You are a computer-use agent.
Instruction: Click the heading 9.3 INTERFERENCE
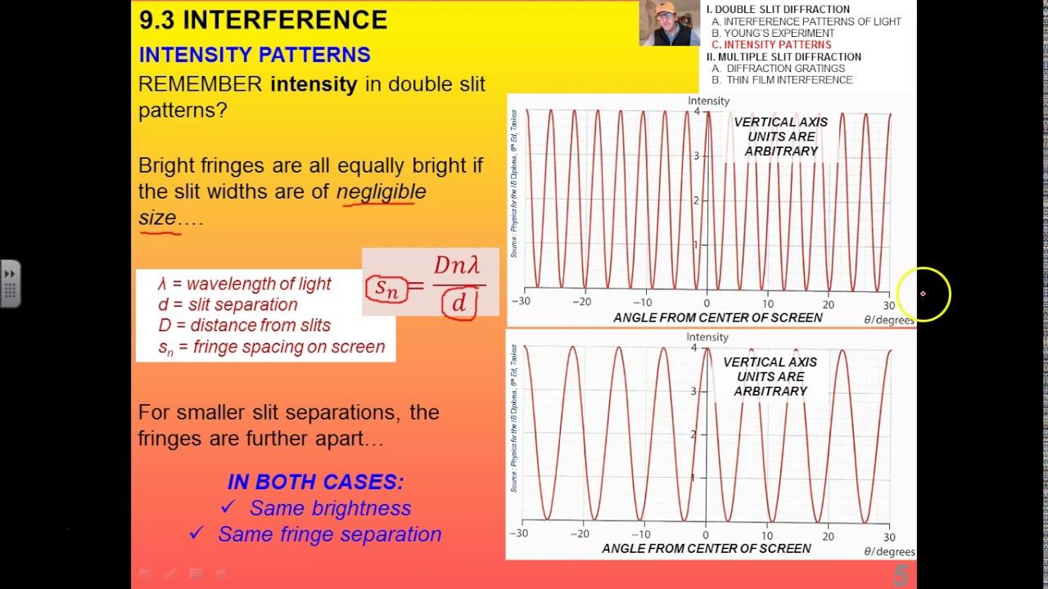coord(263,20)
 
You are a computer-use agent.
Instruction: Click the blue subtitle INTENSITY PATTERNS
coord(254,55)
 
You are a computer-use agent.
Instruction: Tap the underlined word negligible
coord(381,191)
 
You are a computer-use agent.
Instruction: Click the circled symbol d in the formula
coord(459,303)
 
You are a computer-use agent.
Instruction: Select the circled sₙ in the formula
coord(386,287)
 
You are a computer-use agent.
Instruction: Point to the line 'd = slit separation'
coord(228,304)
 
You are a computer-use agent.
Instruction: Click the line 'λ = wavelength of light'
coord(244,284)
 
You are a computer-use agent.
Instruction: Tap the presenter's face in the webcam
coord(666,22)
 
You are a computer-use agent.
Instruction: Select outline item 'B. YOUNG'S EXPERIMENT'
coord(773,34)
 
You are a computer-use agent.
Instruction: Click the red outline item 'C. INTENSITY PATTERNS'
coord(771,45)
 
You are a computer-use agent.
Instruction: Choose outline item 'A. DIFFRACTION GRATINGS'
coord(778,69)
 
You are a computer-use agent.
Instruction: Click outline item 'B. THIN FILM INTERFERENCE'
coord(782,80)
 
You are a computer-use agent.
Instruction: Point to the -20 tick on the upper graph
coord(580,302)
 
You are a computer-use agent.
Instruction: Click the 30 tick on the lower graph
coord(888,537)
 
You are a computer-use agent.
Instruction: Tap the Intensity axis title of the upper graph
coord(708,101)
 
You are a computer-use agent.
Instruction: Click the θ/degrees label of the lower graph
coord(888,552)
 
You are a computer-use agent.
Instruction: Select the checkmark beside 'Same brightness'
coord(228,508)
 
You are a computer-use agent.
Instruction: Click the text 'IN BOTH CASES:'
coord(315,482)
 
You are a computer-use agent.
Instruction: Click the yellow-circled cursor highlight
coord(923,294)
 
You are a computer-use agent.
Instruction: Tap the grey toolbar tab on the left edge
coord(10,284)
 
